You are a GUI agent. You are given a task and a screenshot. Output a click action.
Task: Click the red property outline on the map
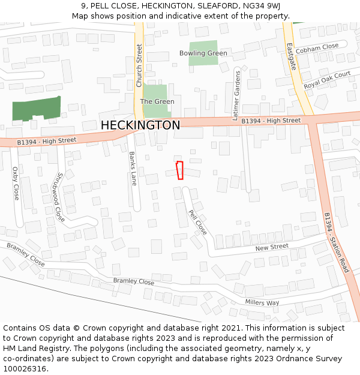(179, 170)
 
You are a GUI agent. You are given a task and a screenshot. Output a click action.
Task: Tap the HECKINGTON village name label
(140, 125)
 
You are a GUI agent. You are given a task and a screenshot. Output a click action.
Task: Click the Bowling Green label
(203, 53)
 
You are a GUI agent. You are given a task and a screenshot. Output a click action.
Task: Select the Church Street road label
(139, 65)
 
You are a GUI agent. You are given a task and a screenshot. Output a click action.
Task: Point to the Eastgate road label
(292, 56)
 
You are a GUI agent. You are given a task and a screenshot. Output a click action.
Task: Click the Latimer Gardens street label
(236, 95)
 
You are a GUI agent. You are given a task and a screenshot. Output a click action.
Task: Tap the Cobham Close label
(317, 47)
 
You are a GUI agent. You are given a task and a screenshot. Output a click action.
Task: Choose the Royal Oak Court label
(327, 80)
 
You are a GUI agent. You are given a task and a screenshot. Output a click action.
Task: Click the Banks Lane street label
(133, 168)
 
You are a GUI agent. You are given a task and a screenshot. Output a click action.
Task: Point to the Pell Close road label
(197, 222)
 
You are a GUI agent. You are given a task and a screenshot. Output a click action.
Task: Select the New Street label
(272, 247)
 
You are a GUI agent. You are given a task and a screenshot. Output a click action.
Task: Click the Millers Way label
(262, 302)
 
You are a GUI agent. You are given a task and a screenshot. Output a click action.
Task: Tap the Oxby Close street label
(16, 184)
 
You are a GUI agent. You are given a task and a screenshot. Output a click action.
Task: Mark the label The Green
(157, 101)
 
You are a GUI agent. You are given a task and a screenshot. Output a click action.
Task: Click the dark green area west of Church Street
(37, 109)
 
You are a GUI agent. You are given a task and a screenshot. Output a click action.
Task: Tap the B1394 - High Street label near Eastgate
(271, 121)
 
